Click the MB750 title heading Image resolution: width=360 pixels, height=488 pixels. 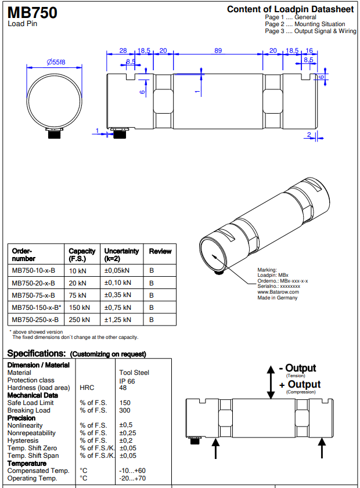(x=32, y=12)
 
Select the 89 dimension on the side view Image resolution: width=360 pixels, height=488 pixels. (x=218, y=51)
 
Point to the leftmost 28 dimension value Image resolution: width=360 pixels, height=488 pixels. (x=123, y=51)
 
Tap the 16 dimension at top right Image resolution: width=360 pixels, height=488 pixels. (x=309, y=51)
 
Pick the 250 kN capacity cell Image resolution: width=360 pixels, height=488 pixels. (x=79, y=319)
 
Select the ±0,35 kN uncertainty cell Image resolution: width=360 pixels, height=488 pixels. (x=117, y=295)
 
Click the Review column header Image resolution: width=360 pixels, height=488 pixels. (x=160, y=251)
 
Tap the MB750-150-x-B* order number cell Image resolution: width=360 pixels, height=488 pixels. (x=37, y=307)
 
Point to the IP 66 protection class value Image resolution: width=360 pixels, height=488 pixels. (x=127, y=381)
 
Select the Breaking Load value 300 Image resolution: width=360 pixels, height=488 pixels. (x=125, y=410)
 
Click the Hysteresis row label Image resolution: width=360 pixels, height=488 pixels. (x=23, y=440)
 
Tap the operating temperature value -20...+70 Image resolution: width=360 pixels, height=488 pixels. (x=132, y=478)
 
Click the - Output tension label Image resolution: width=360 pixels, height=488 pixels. (x=297, y=368)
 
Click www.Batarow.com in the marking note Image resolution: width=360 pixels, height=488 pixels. (x=278, y=292)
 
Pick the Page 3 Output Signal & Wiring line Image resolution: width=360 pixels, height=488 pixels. (x=310, y=31)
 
